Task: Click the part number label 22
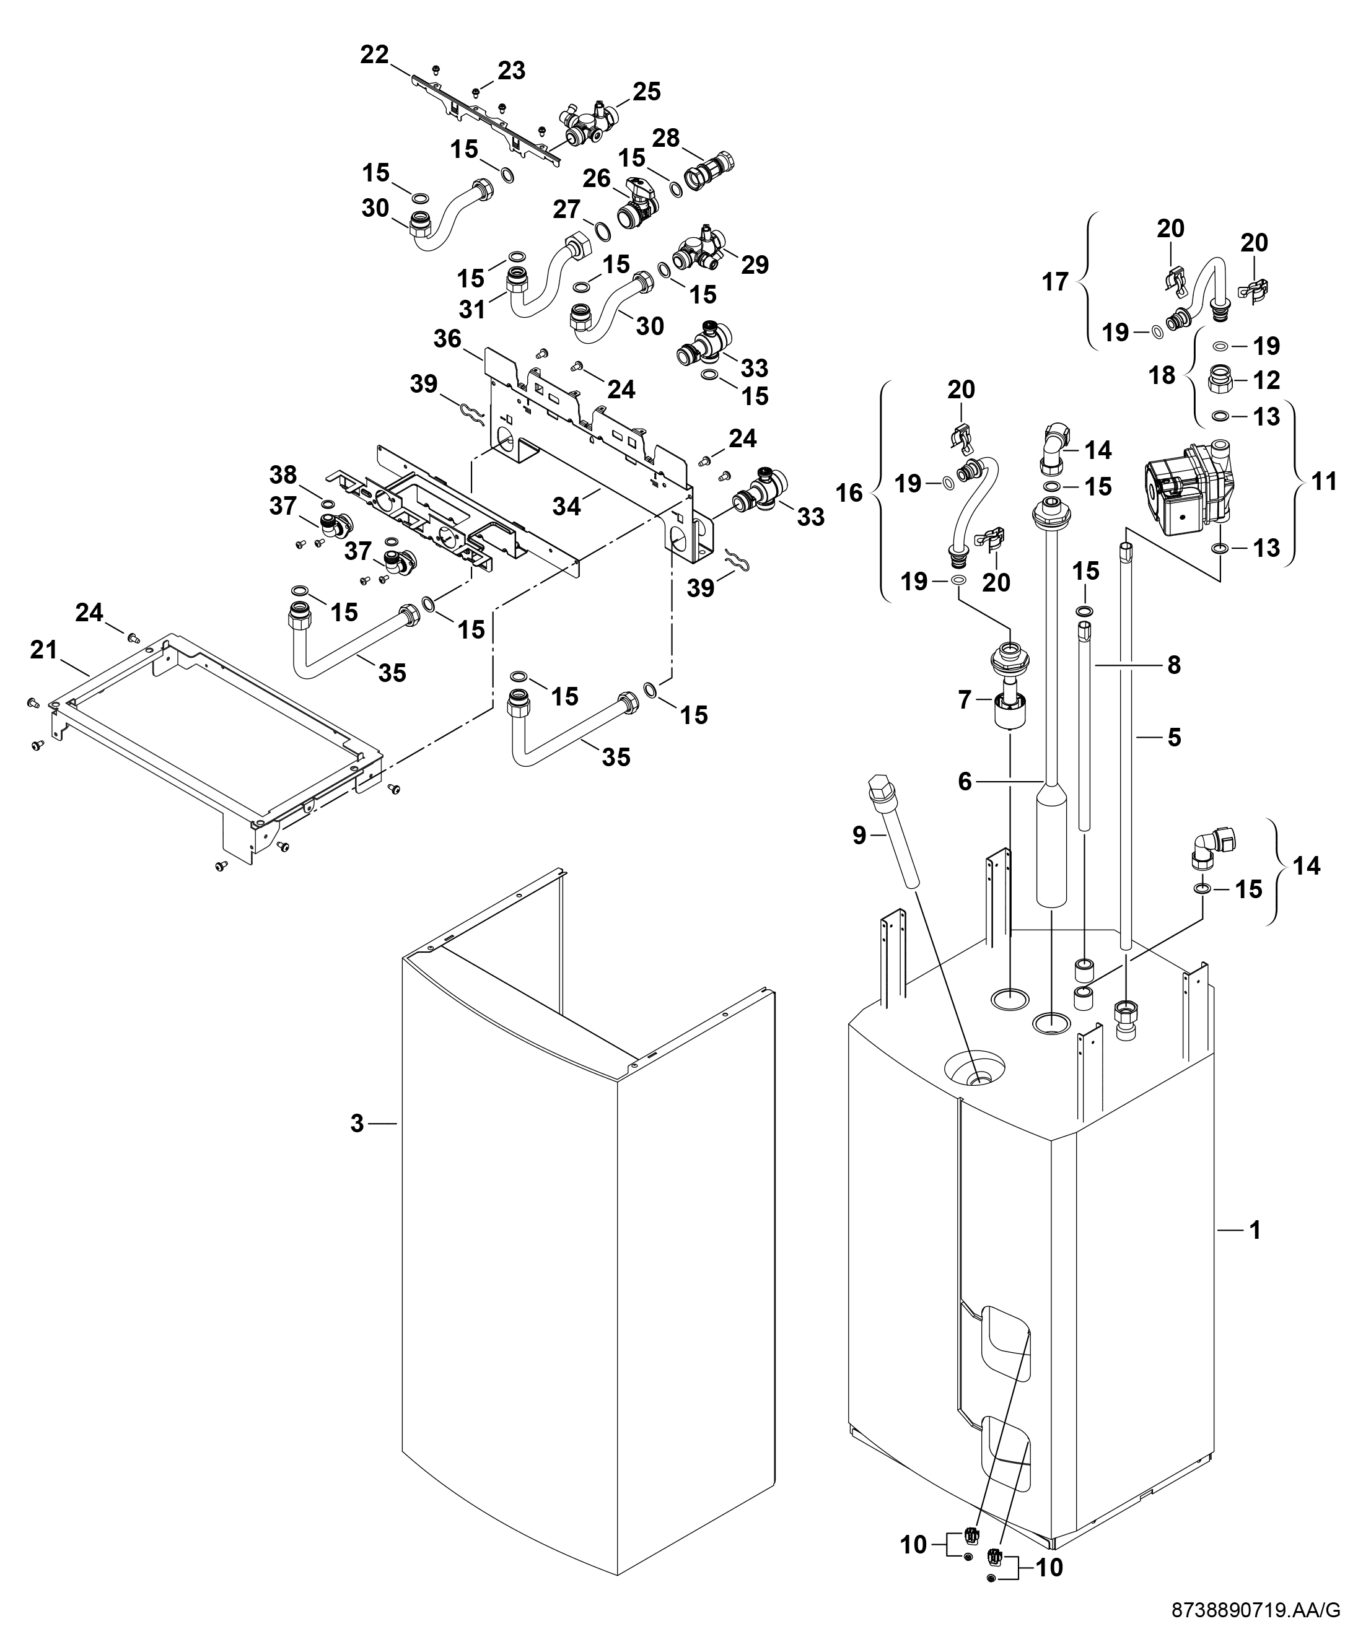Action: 374,56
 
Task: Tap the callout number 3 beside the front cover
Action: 357,1124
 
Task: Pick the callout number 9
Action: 859,835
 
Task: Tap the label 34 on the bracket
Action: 566,507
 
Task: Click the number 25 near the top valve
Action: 646,92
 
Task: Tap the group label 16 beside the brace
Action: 850,492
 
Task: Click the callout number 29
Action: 755,264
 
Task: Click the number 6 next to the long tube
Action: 965,781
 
